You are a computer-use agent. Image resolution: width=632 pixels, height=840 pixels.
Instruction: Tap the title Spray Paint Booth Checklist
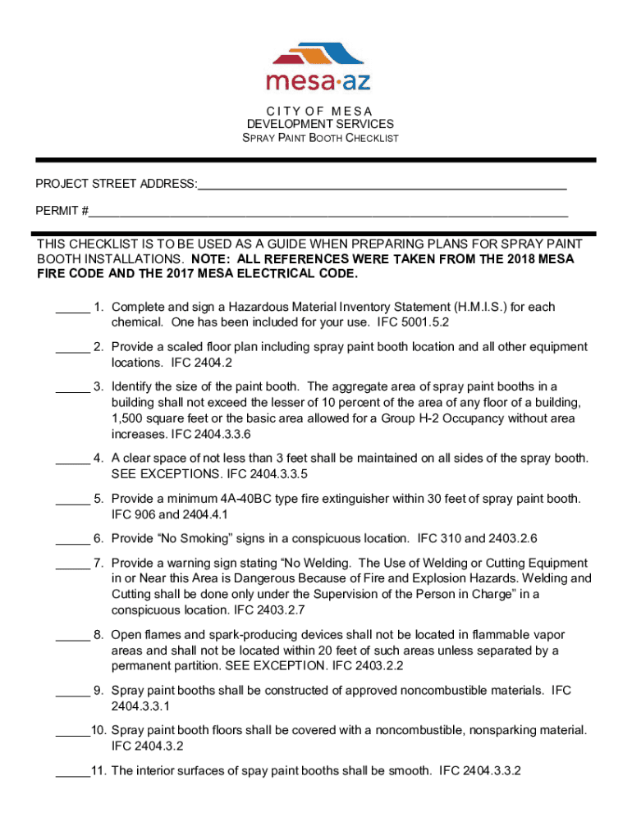click(x=320, y=138)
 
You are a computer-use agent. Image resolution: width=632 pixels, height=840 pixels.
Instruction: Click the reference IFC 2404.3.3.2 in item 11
click(x=481, y=771)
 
